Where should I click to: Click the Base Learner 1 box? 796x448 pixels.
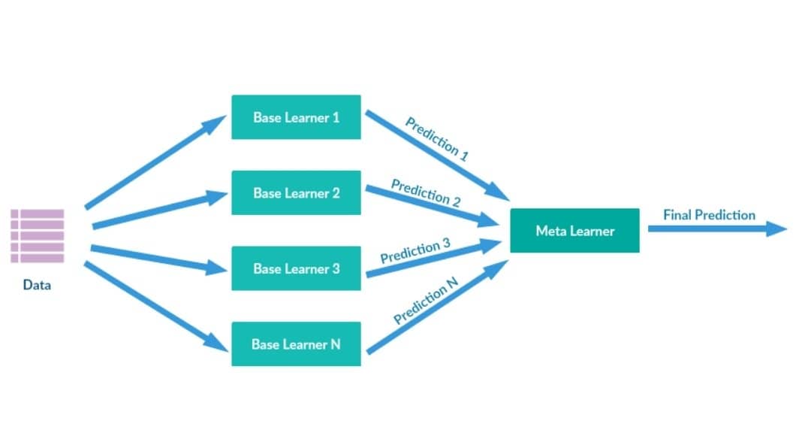[296, 117]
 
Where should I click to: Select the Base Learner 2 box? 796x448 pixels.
[296, 193]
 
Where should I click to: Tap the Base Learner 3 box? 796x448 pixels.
[296, 268]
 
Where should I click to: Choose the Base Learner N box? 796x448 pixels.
[296, 344]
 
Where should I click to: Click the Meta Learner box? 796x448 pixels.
[574, 231]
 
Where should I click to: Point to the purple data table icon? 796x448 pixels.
[38, 236]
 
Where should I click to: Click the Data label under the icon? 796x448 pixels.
[37, 285]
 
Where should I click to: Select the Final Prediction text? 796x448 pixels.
[709, 215]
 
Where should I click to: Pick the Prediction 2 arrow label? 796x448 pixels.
[426, 192]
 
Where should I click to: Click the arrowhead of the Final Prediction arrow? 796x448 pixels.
[777, 229]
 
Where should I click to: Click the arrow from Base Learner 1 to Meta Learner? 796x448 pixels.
[428, 154]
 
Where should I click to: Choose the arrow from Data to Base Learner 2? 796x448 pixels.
[158, 210]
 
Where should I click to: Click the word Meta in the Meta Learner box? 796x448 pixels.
[547, 231]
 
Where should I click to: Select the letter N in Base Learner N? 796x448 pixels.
[335, 344]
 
